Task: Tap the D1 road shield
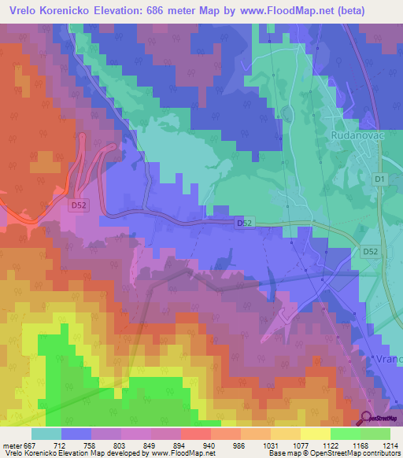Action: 380,180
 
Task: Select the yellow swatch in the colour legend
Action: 315,433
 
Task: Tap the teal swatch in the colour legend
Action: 46,433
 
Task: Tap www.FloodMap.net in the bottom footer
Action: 183,453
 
